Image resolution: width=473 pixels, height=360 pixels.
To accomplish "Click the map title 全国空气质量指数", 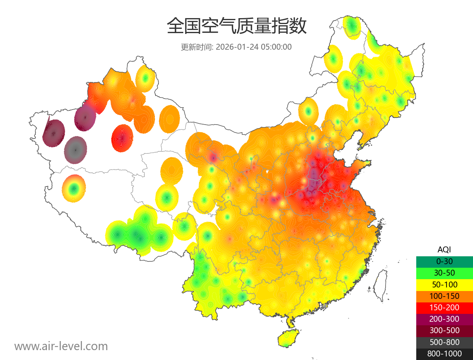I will tap(236, 26).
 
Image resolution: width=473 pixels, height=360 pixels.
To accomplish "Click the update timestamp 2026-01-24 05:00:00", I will tap(254, 47).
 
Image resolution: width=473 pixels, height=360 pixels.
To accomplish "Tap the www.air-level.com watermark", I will tap(61, 346).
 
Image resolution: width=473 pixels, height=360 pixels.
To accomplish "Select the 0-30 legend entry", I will tap(444, 261).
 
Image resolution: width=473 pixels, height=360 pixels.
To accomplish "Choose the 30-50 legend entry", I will tap(444, 272).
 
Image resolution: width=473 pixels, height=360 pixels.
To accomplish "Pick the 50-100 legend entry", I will tap(444, 284).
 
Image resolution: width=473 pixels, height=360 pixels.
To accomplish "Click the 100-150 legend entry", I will tap(444, 296).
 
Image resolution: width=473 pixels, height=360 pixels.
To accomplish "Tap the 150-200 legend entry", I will tap(444, 307).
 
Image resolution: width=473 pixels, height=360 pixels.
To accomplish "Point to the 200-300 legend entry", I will tap(444, 319).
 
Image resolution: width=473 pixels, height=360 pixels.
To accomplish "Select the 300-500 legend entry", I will tap(444, 330).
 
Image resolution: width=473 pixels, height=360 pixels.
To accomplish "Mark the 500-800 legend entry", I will tap(444, 342).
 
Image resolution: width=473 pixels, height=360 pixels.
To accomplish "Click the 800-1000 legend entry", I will tap(444, 354).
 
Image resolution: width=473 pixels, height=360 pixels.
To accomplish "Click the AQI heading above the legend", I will tap(444, 249).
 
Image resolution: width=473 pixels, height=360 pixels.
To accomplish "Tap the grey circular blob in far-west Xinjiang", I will tap(75, 150).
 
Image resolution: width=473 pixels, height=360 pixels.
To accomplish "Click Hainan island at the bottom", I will tap(289, 339).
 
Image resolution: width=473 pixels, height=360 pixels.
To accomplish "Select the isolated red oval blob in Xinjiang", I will tap(123, 138).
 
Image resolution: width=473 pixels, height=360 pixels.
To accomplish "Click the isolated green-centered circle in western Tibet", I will tap(73, 189).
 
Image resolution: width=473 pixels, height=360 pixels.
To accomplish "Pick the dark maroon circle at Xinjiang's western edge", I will tap(53, 133).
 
